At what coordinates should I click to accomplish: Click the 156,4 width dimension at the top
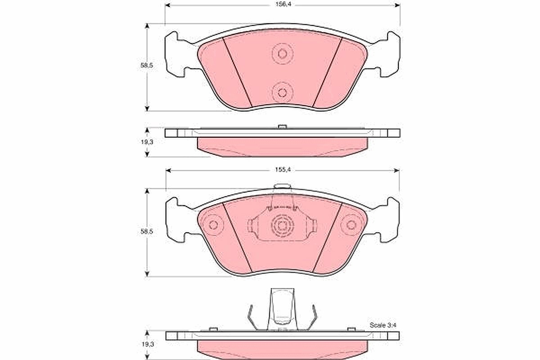pos(283,4)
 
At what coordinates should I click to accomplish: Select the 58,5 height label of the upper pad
pos(147,65)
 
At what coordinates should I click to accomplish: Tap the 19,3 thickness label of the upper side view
pos(147,142)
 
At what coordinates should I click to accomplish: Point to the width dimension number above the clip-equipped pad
pos(283,170)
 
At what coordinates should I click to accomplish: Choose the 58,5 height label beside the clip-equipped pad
pos(147,231)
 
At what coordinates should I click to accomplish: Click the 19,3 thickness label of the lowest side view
pos(148,344)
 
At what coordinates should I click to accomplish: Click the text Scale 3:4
pos(383,325)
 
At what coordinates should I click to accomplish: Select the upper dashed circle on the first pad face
pos(283,54)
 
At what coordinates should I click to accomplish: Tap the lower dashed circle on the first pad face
pos(283,92)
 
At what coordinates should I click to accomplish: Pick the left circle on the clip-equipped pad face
pos(213,225)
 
